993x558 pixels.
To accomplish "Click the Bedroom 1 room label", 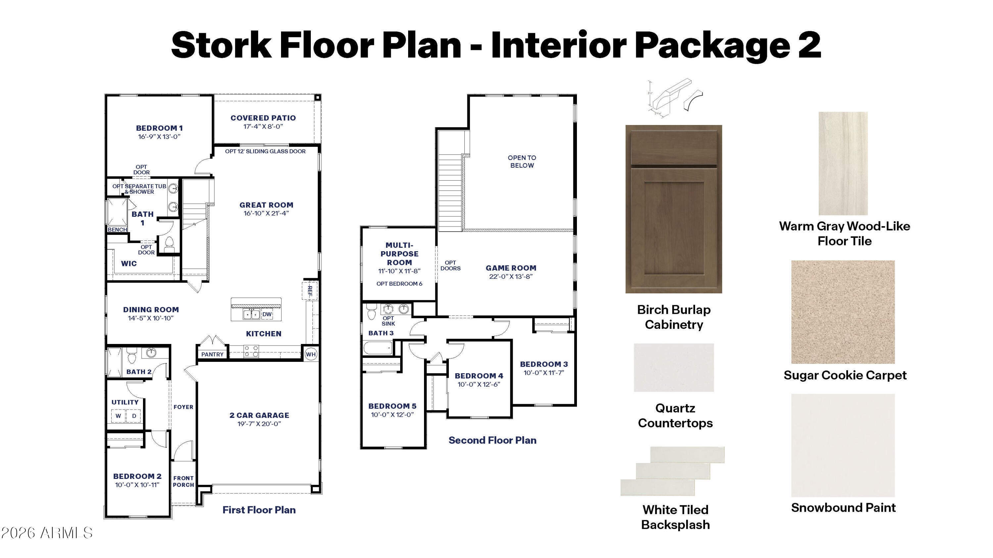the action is (x=159, y=128).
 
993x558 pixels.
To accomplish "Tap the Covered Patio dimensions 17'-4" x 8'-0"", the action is (x=263, y=127).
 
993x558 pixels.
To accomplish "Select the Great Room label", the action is (x=266, y=205).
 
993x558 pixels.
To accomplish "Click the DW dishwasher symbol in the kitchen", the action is (x=267, y=314).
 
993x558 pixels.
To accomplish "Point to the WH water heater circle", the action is (x=311, y=354).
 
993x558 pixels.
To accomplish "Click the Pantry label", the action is (x=213, y=354).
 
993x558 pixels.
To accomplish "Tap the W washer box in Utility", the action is (x=118, y=416).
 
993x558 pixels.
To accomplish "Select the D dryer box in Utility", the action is (x=134, y=416).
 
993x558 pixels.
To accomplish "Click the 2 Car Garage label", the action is (x=260, y=415).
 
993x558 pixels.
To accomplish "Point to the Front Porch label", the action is (x=183, y=481).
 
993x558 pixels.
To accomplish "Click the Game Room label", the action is (x=511, y=268).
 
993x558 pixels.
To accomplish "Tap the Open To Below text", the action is (x=522, y=161).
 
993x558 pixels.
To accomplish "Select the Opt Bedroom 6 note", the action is (x=400, y=284).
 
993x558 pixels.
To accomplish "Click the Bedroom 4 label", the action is (x=479, y=376).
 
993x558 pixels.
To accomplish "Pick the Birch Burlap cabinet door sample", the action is (x=674, y=209).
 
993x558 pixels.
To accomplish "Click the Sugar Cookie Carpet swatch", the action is (x=843, y=312).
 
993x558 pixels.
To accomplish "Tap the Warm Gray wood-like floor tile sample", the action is (x=843, y=163).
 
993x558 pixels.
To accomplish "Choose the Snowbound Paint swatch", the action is (x=843, y=446).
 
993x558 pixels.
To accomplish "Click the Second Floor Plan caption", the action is (x=492, y=440).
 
